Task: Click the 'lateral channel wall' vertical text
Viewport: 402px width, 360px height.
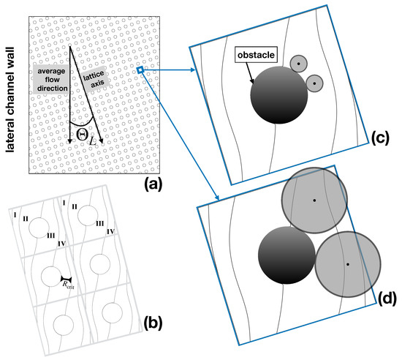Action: pyautogui.click(x=12, y=91)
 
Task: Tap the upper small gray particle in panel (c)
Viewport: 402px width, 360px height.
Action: pyautogui.click(x=297, y=64)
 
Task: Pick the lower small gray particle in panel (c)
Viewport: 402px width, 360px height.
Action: pyautogui.click(x=314, y=83)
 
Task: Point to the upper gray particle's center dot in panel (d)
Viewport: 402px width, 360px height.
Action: pyautogui.click(x=314, y=200)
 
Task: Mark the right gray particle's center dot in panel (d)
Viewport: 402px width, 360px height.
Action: pyautogui.click(x=347, y=263)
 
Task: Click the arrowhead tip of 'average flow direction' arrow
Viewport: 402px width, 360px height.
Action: pyautogui.click(x=69, y=142)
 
